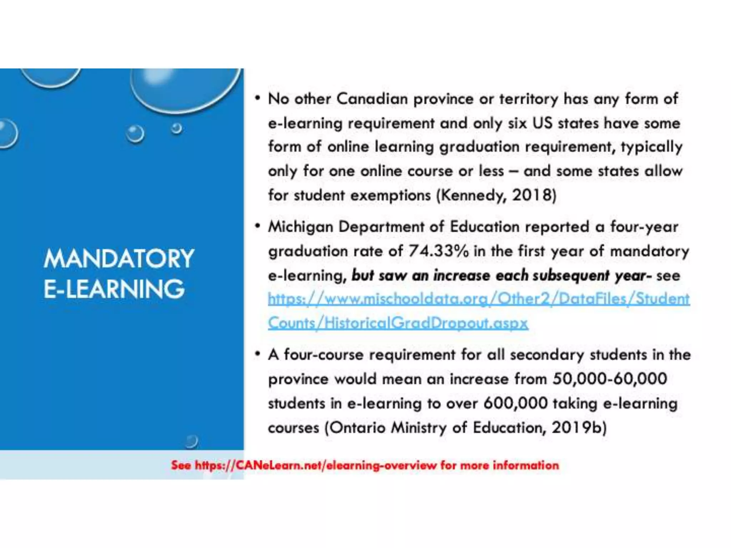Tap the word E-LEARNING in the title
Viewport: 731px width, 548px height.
click(114, 289)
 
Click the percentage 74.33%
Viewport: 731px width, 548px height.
click(439, 251)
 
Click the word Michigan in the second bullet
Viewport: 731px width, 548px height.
click(300, 227)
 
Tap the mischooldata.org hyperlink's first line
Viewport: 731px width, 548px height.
click(478, 299)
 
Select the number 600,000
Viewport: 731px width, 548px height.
click(515, 403)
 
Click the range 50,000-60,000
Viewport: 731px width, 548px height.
click(610, 379)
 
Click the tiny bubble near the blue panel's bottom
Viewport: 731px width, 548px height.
click(191, 441)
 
